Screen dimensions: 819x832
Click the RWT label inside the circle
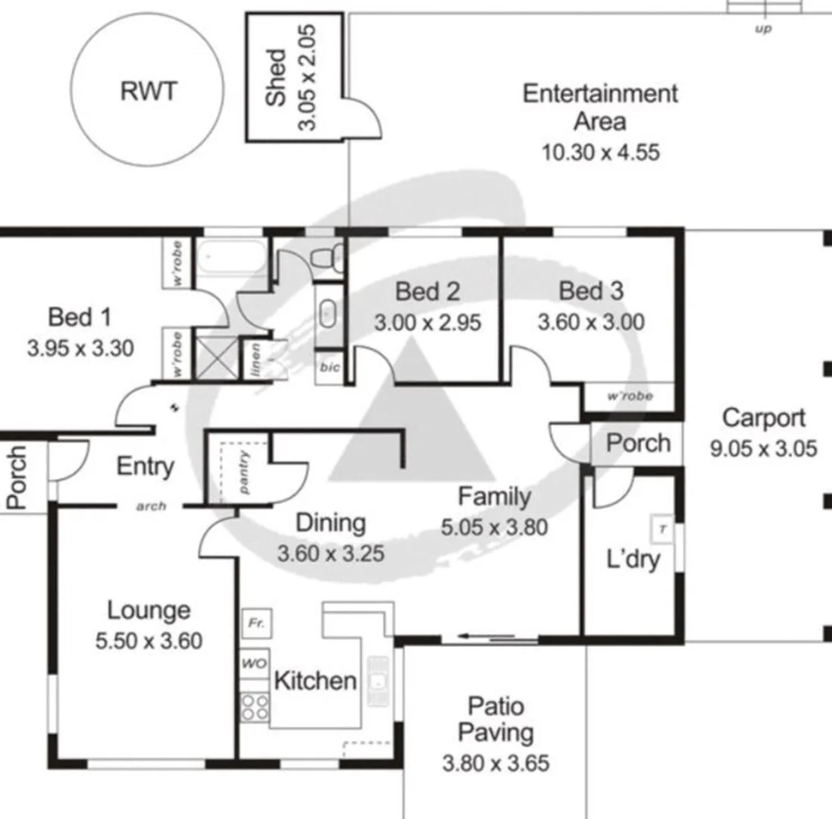pyautogui.click(x=148, y=92)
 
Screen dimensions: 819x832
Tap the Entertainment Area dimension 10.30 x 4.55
pyautogui.click(x=600, y=152)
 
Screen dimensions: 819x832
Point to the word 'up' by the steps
pyautogui.click(x=764, y=30)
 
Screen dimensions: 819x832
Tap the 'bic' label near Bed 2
pyautogui.click(x=329, y=367)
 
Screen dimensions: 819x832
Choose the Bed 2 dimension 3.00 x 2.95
pyautogui.click(x=427, y=322)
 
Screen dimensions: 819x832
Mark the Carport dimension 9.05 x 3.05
pyautogui.click(x=763, y=449)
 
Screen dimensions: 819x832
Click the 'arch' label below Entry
pyautogui.click(x=151, y=507)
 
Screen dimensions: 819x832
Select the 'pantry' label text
pyautogui.click(x=244, y=472)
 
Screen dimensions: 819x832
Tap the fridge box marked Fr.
pyautogui.click(x=256, y=623)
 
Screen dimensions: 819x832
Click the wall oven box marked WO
pyautogui.click(x=255, y=664)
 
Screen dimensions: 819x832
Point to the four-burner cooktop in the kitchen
pyautogui.click(x=255, y=708)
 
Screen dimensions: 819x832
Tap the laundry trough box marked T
pyautogui.click(x=662, y=529)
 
